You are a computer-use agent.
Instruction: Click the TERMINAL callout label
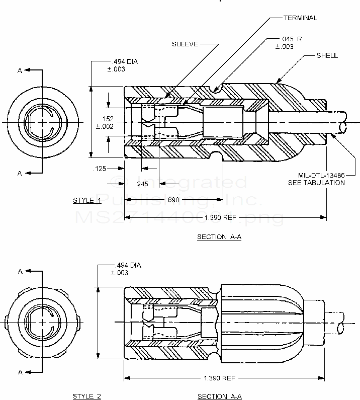pos(300,18)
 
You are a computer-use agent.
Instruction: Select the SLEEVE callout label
pos(186,44)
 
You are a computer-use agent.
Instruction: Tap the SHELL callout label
pos(327,55)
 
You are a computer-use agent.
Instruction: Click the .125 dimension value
pos(100,169)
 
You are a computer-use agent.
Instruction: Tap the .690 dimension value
pos(172,200)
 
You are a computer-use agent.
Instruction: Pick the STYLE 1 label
pos(87,200)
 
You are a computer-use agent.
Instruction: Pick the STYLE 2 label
pos(87,396)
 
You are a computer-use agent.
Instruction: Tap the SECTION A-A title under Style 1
pos(219,237)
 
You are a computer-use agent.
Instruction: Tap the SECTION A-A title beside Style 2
pos(219,396)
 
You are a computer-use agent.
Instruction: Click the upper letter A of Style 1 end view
pos(20,71)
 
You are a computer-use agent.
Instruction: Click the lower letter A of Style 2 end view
pos(20,372)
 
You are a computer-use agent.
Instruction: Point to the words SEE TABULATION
pos(316,183)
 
